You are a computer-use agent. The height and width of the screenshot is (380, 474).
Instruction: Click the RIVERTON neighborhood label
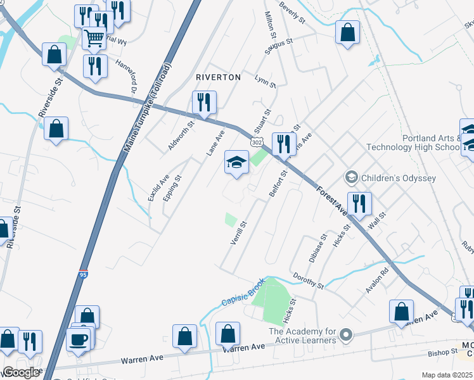pos(219,77)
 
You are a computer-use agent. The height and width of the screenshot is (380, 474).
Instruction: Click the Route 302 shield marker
pos(257,143)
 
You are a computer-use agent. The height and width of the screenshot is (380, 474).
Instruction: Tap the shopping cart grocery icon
pos(94,38)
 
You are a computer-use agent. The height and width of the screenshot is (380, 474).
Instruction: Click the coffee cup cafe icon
pos(79,339)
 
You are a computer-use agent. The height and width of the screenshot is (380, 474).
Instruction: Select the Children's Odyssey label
pos(397,178)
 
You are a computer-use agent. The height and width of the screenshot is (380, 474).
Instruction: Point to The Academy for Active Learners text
pos(302,336)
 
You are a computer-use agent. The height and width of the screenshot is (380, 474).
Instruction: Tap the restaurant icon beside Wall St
pos(359,203)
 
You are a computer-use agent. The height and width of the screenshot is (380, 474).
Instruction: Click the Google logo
pos(21,372)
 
